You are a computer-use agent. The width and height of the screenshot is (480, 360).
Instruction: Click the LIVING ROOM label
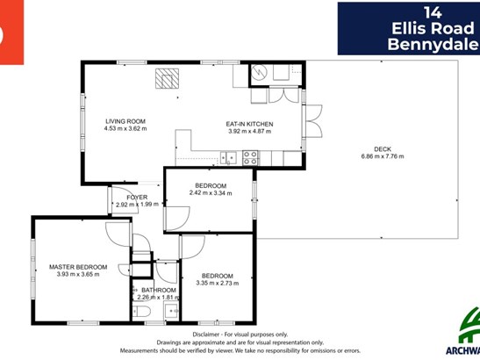[x=125, y=121]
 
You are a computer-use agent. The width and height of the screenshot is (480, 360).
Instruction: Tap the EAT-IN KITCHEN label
[x=249, y=124]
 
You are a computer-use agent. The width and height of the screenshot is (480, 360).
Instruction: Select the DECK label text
[x=383, y=149]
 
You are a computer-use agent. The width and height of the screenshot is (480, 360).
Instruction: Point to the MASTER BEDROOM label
[x=78, y=267]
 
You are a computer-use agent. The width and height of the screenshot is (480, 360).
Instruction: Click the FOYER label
[x=137, y=198]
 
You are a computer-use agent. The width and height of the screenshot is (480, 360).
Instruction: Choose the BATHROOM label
[x=159, y=290]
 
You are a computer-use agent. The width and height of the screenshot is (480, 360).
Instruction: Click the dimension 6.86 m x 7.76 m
[x=383, y=156]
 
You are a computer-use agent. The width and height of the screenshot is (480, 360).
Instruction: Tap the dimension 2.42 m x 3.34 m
[x=211, y=193]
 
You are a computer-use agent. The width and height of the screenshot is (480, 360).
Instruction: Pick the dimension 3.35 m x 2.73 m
[x=218, y=283]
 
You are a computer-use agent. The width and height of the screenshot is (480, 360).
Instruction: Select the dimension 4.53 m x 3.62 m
[x=125, y=129]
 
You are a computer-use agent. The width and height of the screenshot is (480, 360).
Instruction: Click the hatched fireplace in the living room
[x=167, y=78]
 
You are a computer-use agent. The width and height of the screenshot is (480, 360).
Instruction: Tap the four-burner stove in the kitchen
[x=250, y=158]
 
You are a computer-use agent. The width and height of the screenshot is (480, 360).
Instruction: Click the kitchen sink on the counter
[x=228, y=158]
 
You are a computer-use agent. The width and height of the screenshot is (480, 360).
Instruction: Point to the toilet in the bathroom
[x=141, y=312]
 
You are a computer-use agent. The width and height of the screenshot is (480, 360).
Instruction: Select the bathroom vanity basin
[x=171, y=311]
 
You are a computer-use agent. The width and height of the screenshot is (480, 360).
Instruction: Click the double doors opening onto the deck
[x=314, y=120]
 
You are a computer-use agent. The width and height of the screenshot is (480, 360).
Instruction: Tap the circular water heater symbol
[x=259, y=73]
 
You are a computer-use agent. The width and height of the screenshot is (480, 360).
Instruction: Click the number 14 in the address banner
[x=433, y=13]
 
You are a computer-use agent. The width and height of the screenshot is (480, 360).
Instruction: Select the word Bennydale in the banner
[x=433, y=44]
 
